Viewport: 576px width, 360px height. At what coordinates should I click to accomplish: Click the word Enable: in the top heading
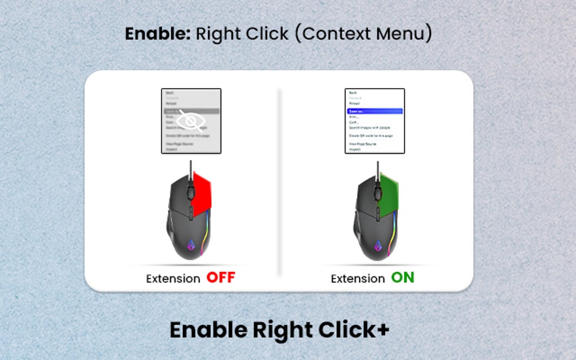point(158,34)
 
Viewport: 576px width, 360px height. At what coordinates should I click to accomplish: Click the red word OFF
point(220,278)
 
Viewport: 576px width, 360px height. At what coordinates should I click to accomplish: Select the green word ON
point(403,278)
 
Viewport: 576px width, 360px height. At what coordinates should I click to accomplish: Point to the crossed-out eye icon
point(191,121)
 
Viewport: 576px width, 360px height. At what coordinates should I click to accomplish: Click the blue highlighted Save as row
point(374,112)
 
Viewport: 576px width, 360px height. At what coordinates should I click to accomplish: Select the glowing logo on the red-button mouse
point(191,246)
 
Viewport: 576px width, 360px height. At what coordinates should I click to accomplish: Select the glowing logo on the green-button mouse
point(377,246)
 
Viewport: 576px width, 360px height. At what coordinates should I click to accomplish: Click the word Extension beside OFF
point(173,279)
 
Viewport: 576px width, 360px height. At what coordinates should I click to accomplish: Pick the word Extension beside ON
point(357,279)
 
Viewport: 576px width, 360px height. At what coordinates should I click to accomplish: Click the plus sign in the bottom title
point(383,330)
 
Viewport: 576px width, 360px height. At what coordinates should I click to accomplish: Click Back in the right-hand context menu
point(353,93)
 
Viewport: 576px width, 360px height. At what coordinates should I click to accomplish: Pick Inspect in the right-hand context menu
point(355,150)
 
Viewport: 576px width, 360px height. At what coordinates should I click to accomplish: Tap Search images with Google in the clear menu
point(370,128)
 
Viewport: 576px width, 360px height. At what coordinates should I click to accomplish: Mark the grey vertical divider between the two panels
point(280,181)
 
